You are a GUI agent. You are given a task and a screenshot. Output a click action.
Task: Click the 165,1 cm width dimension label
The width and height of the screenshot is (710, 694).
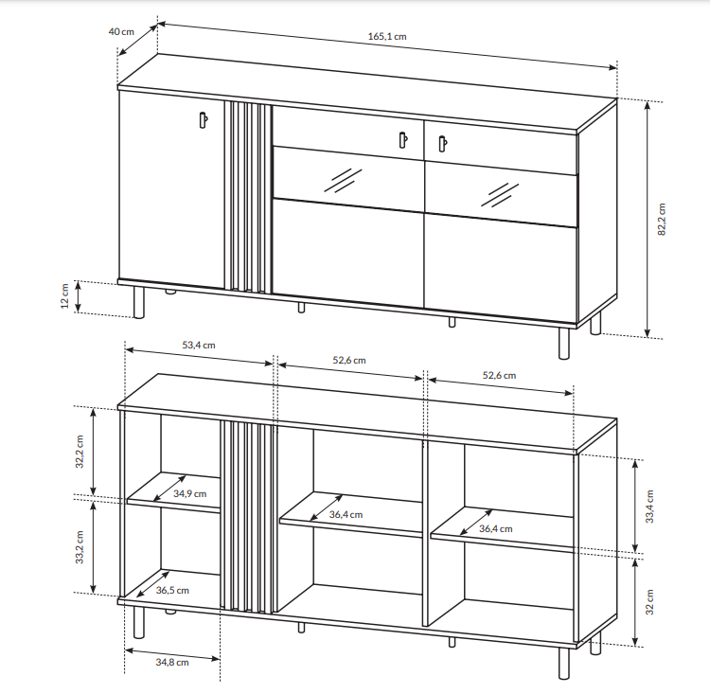(x=387, y=36)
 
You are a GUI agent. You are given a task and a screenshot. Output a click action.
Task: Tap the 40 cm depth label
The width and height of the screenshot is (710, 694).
(x=121, y=31)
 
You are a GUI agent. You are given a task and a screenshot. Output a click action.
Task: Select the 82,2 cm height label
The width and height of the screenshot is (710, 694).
(x=662, y=220)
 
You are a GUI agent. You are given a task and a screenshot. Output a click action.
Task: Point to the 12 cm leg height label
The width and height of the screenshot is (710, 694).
(x=64, y=296)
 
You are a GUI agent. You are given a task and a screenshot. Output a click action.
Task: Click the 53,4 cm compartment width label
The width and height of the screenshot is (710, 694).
(x=199, y=346)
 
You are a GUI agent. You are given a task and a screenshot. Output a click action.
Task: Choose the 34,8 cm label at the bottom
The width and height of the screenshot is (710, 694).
(x=172, y=663)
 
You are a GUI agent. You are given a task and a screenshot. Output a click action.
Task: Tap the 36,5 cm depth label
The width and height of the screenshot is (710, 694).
(x=172, y=590)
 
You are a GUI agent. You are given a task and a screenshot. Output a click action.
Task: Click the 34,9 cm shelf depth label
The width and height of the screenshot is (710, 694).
(x=189, y=494)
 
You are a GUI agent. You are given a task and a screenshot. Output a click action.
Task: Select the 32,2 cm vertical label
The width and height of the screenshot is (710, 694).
(x=80, y=452)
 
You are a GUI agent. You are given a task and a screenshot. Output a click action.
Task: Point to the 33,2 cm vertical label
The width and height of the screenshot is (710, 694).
(x=80, y=547)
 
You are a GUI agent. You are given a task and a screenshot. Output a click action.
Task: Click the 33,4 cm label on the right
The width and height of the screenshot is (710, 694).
(x=649, y=507)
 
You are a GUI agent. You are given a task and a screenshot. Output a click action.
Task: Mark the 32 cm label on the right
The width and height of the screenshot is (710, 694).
(x=649, y=602)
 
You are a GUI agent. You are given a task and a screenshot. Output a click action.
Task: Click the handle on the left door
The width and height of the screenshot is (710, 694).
(x=204, y=120)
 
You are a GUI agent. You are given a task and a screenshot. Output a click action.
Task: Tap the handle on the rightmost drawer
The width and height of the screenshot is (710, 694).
(x=443, y=144)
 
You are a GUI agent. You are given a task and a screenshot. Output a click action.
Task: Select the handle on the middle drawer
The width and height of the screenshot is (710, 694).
(x=403, y=139)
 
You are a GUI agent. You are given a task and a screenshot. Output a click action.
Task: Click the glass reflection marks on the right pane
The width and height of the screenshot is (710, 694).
(x=500, y=195)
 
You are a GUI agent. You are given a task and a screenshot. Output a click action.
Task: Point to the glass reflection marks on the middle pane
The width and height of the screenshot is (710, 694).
(x=343, y=180)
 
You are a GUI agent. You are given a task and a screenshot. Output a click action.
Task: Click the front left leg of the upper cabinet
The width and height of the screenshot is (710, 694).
(x=138, y=302)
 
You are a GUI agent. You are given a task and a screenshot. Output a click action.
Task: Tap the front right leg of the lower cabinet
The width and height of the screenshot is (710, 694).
(x=564, y=663)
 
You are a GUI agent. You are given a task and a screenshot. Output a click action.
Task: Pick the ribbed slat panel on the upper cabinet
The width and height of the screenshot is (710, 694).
(x=248, y=198)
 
